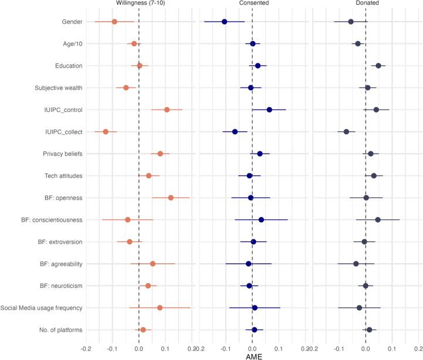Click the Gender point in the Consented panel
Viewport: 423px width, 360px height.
click(x=224, y=22)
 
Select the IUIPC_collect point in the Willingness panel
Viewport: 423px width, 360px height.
click(x=106, y=131)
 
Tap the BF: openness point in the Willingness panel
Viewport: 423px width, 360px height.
click(x=171, y=198)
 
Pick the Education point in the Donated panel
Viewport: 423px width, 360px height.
click(x=378, y=66)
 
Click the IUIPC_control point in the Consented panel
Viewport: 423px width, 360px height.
click(x=269, y=110)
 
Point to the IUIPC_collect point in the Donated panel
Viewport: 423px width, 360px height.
click(x=346, y=131)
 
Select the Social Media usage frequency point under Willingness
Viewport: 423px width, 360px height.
click(x=160, y=307)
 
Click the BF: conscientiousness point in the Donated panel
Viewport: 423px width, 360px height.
click(x=378, y=219)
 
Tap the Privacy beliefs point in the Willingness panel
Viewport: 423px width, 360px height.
click(x=160, y=154)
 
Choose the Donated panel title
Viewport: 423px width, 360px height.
click(x=366, y=4)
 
